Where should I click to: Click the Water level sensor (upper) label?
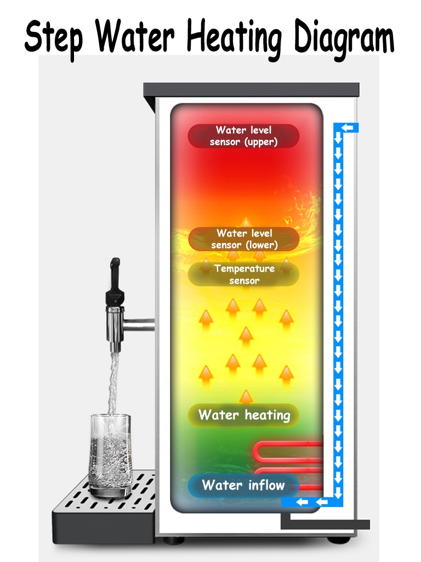[244, 136]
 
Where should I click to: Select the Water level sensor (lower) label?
[244, 239]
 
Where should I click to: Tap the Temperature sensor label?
[244, 274]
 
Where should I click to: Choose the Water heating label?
[244, 415]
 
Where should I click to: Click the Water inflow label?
[243, 485]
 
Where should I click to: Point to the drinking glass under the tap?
[110, 456]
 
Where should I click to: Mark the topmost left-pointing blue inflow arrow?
[347, 128]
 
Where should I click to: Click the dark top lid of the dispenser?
[251, 90]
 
